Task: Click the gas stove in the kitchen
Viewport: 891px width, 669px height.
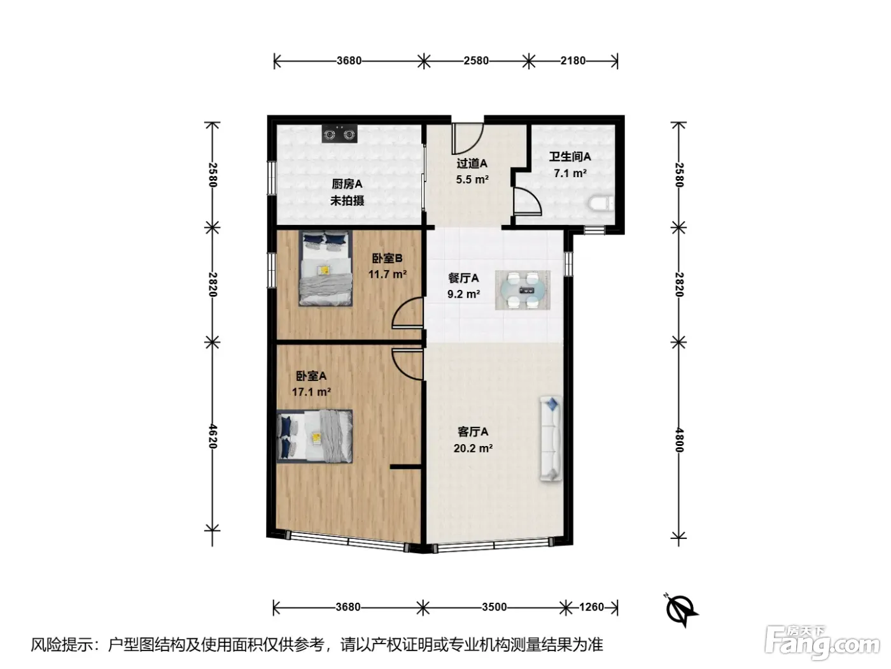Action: click(339, 133)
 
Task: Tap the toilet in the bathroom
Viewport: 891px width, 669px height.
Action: click(600, 203)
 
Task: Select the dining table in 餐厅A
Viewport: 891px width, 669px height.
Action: click(523, 290)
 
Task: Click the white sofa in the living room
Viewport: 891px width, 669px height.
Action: click(551, 439)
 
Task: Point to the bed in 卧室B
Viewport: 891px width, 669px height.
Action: click(325, 268)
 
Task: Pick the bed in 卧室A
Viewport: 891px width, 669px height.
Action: click(314, 436)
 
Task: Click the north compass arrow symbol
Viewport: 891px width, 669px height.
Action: click(681, 609)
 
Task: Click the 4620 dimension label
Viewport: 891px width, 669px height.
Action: click(213, 436)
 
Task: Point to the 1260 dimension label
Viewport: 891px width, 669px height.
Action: click(591, 607)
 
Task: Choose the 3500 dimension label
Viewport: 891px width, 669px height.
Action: click(494, 607)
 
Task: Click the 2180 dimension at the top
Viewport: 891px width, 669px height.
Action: click(573, 61)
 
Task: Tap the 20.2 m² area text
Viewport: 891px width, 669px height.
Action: click(473, 448)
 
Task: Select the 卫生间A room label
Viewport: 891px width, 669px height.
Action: click(570, 156)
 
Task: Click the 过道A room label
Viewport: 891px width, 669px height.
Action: click(472, 163)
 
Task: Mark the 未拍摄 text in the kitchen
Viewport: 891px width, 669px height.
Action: click(347, 201)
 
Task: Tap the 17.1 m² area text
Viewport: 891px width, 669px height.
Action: click(311, 392)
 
